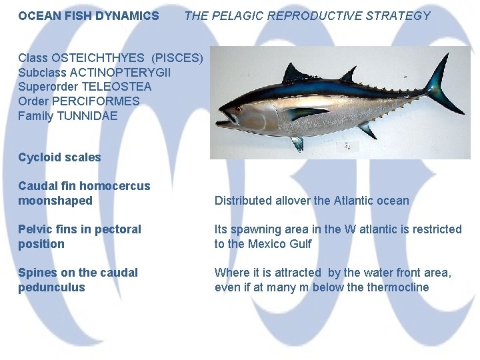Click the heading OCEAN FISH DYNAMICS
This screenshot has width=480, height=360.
click(89, 15)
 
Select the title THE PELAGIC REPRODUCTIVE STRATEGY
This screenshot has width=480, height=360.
click(307, 15)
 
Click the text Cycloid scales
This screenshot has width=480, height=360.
click(59, 157)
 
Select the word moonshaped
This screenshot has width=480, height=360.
click(55, 201)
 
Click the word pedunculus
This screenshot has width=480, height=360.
click(51, 287)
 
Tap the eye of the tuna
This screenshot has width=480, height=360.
click(238, 109)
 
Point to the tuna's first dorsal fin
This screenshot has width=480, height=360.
click(295, 73)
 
